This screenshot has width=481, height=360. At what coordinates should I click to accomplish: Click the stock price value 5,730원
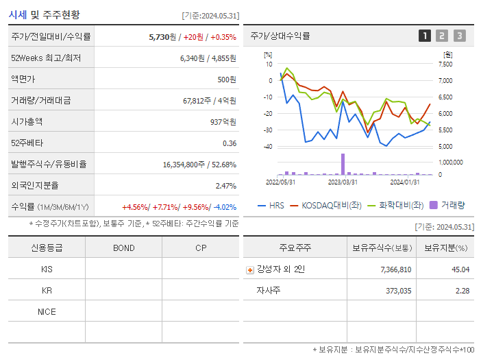162,36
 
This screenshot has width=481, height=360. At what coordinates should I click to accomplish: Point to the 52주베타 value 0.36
229,143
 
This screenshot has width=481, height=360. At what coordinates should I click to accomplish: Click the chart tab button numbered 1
425,36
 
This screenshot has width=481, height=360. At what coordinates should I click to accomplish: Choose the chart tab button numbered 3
459,36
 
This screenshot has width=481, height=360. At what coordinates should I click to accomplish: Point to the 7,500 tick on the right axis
445,64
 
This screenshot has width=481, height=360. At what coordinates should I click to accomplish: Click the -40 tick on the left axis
268,147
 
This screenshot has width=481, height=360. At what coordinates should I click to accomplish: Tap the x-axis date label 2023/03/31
343,182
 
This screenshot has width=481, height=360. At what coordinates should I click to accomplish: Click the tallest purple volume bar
343,164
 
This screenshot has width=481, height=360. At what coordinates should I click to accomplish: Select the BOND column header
123,248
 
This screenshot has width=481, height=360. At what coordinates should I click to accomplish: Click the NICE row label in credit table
47,312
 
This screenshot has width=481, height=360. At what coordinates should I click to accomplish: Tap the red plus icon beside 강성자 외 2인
250,269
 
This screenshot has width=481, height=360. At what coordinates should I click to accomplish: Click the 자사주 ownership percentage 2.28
461,291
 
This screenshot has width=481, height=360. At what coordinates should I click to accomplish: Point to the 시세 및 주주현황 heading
44,14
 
